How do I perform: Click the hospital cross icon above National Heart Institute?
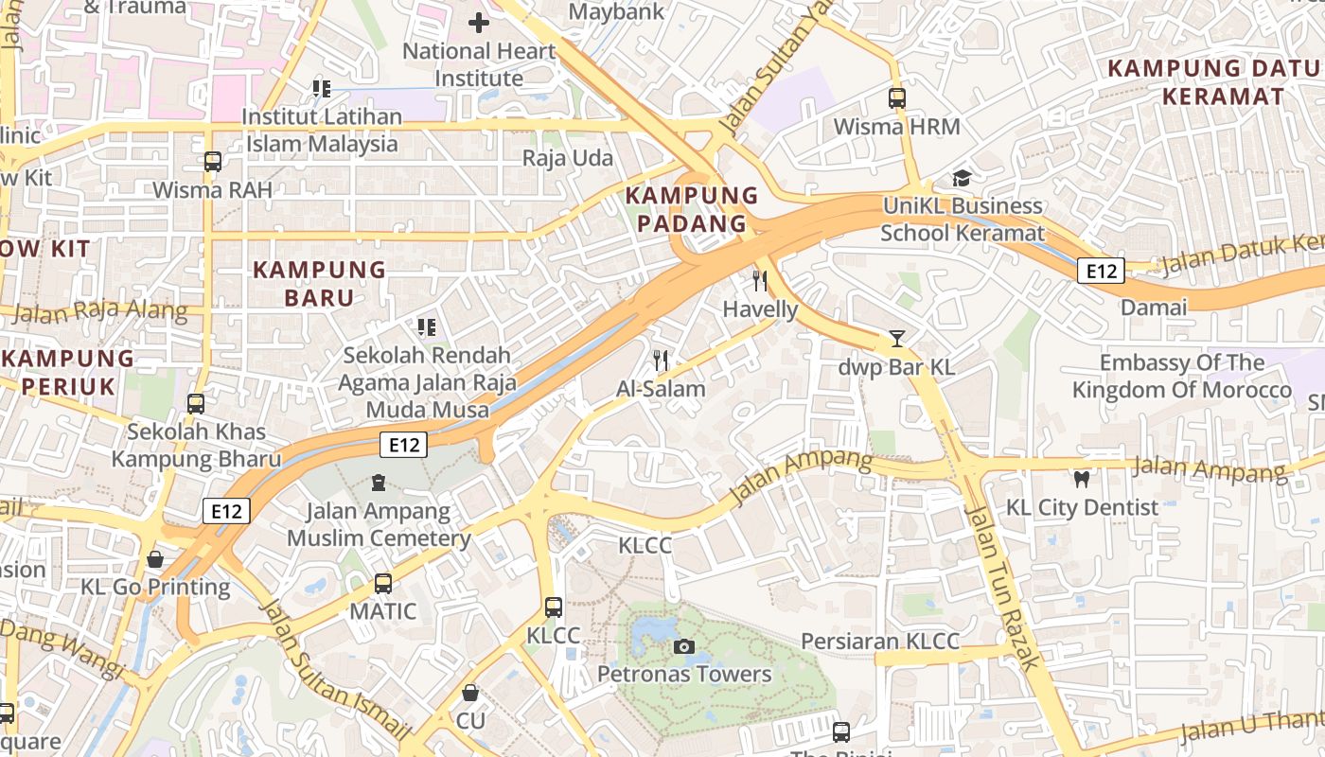tap(479, 22)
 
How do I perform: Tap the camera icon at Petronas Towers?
tap(683, 647)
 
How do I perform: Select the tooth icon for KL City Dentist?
tap(1081, 480)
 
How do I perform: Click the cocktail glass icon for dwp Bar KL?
tap(896, 339)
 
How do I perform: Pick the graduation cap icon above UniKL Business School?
tap(962, 178)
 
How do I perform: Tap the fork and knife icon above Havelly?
tap(760, 281)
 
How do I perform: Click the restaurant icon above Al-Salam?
tap(661, 361)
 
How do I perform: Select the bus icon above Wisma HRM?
tap(896, 98)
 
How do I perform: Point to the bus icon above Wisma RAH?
tap(213, 162)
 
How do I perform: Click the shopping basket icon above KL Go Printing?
tap(155, 559)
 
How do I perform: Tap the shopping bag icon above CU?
tap(470, 693)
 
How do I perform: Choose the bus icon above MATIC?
tap(382, 584)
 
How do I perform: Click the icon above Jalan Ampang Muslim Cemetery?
tap(379, 484)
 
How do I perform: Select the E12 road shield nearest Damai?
tap(1101, 272)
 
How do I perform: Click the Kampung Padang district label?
tap(692, 210)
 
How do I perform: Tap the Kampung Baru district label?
tap(319, 284)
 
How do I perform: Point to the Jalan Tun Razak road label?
tap(1002, 587)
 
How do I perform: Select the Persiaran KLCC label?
tap(880, 641)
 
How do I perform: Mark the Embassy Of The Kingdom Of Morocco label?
tap(1181, 377)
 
